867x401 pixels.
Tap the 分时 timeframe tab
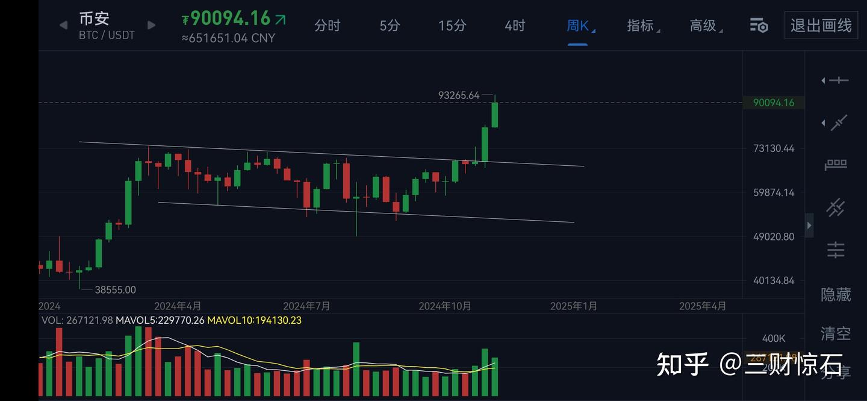click(328, 25)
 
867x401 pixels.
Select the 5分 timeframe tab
click(390, 25)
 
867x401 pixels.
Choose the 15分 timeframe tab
click(452, 25)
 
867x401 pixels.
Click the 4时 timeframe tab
click(515, 25)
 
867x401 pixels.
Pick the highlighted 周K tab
click(578, 25)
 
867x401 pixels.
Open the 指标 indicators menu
click(641, 25)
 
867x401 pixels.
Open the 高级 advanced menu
click(703, 25)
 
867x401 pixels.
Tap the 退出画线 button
click(821, 25)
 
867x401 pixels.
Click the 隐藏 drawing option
click(836, 294)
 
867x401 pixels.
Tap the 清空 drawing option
click(836, 333)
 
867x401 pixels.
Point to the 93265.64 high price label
click(459, 95)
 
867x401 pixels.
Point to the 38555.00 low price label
click(115, 290)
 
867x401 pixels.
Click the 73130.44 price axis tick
click(774, 148)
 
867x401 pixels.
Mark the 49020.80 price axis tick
click(774, 236)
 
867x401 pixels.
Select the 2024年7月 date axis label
click(306, 306)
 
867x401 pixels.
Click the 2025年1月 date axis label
click(573, 306)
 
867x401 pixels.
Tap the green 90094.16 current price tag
click(774, 103)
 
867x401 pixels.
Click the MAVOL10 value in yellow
click(254, 320)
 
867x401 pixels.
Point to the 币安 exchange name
click(94, 18)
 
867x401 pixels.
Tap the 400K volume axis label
click(774, 338)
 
